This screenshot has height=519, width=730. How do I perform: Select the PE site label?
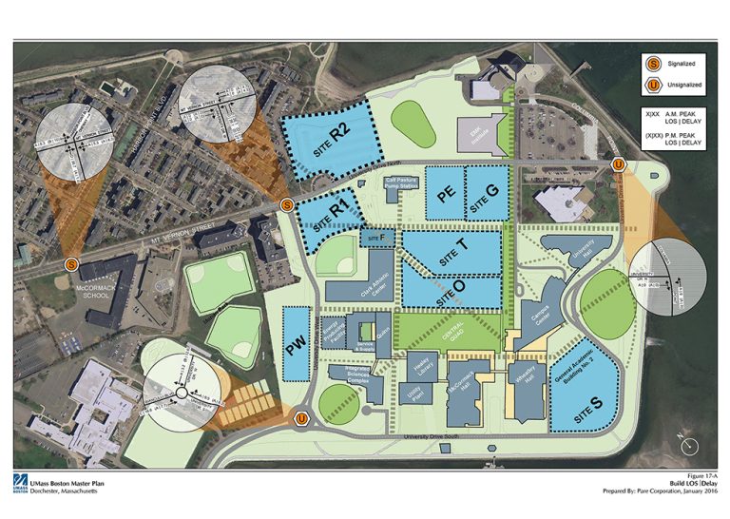[x=445, y=193]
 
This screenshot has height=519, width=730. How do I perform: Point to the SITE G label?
[x=486, y=192]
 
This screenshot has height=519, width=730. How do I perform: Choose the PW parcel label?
[x=297, y=349]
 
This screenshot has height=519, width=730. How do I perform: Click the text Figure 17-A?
[x=692, y=478]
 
